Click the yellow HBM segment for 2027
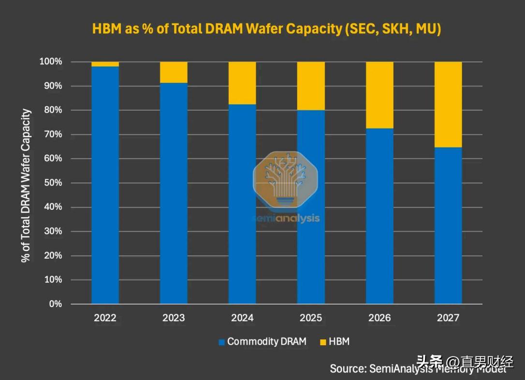448,104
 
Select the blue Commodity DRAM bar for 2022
105,185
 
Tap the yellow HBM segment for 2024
242,83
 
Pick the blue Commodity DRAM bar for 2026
379,216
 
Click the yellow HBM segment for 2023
174,72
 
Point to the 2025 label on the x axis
311,318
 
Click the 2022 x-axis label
105,318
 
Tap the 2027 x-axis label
448,318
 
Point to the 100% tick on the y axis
51,62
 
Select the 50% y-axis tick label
53,183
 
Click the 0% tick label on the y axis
55,304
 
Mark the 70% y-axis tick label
53,134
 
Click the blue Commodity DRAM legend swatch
222,342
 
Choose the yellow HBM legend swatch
323,342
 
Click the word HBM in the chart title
108,29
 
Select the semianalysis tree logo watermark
286,181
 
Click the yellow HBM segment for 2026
379,95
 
